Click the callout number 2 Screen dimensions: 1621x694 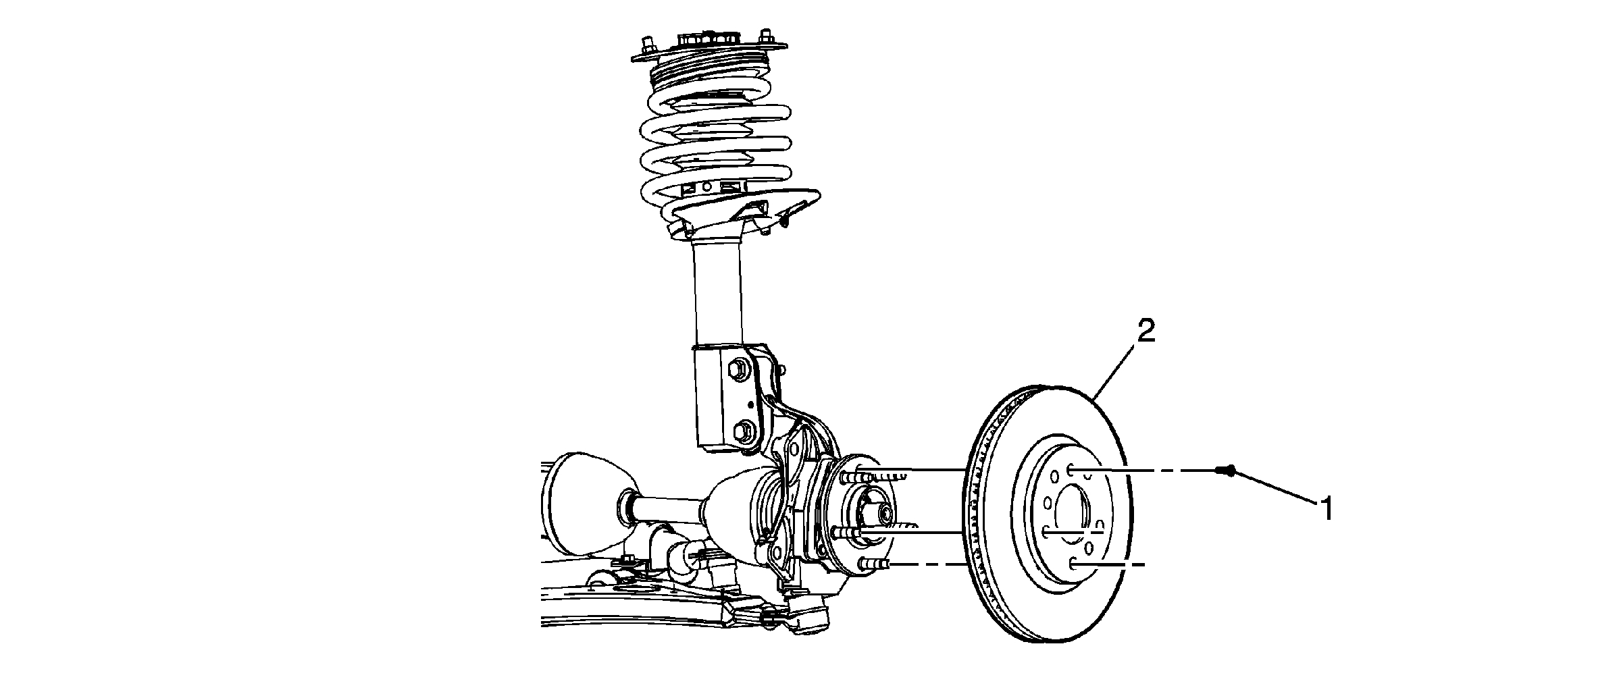click(x=1146, y=332)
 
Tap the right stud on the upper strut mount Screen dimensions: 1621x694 click(x=765, y=36)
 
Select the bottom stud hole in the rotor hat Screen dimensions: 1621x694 click(x=1074, y=562)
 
